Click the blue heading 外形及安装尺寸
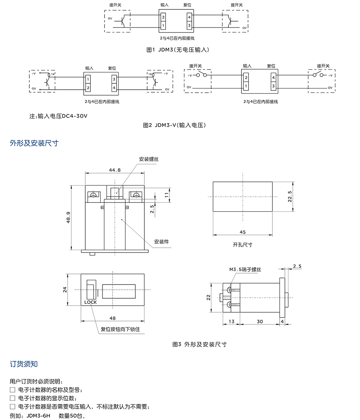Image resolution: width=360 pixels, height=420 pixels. [34, 143]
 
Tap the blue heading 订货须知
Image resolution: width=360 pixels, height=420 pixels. [24, 364]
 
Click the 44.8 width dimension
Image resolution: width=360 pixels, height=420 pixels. [115, 170]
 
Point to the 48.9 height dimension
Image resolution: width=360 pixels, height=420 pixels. [69, 217]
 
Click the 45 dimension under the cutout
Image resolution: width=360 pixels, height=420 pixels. [243, 232]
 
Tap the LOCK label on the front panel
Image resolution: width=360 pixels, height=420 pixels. [90, 302]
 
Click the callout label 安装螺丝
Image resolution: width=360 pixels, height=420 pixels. [149, 159]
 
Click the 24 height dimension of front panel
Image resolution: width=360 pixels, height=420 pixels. [66, 290]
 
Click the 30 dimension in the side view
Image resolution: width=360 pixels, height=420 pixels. [260, 321]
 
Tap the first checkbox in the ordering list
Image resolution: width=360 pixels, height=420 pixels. [13, 390]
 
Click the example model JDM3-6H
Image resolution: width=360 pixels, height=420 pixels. [39, 416]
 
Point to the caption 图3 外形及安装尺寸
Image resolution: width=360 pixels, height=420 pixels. [200, 344]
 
